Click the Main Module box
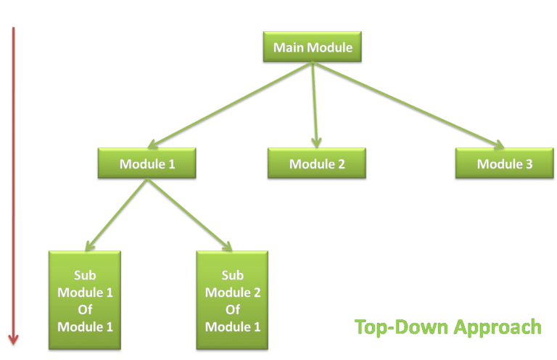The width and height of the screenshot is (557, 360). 312,48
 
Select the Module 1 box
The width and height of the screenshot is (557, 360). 147,164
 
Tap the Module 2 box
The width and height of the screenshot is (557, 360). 317,164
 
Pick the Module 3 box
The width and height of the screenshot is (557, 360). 504,164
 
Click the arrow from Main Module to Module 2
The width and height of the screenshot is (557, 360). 315,102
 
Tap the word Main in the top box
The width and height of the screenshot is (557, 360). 288,48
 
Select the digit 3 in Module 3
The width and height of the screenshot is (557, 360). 529,164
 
